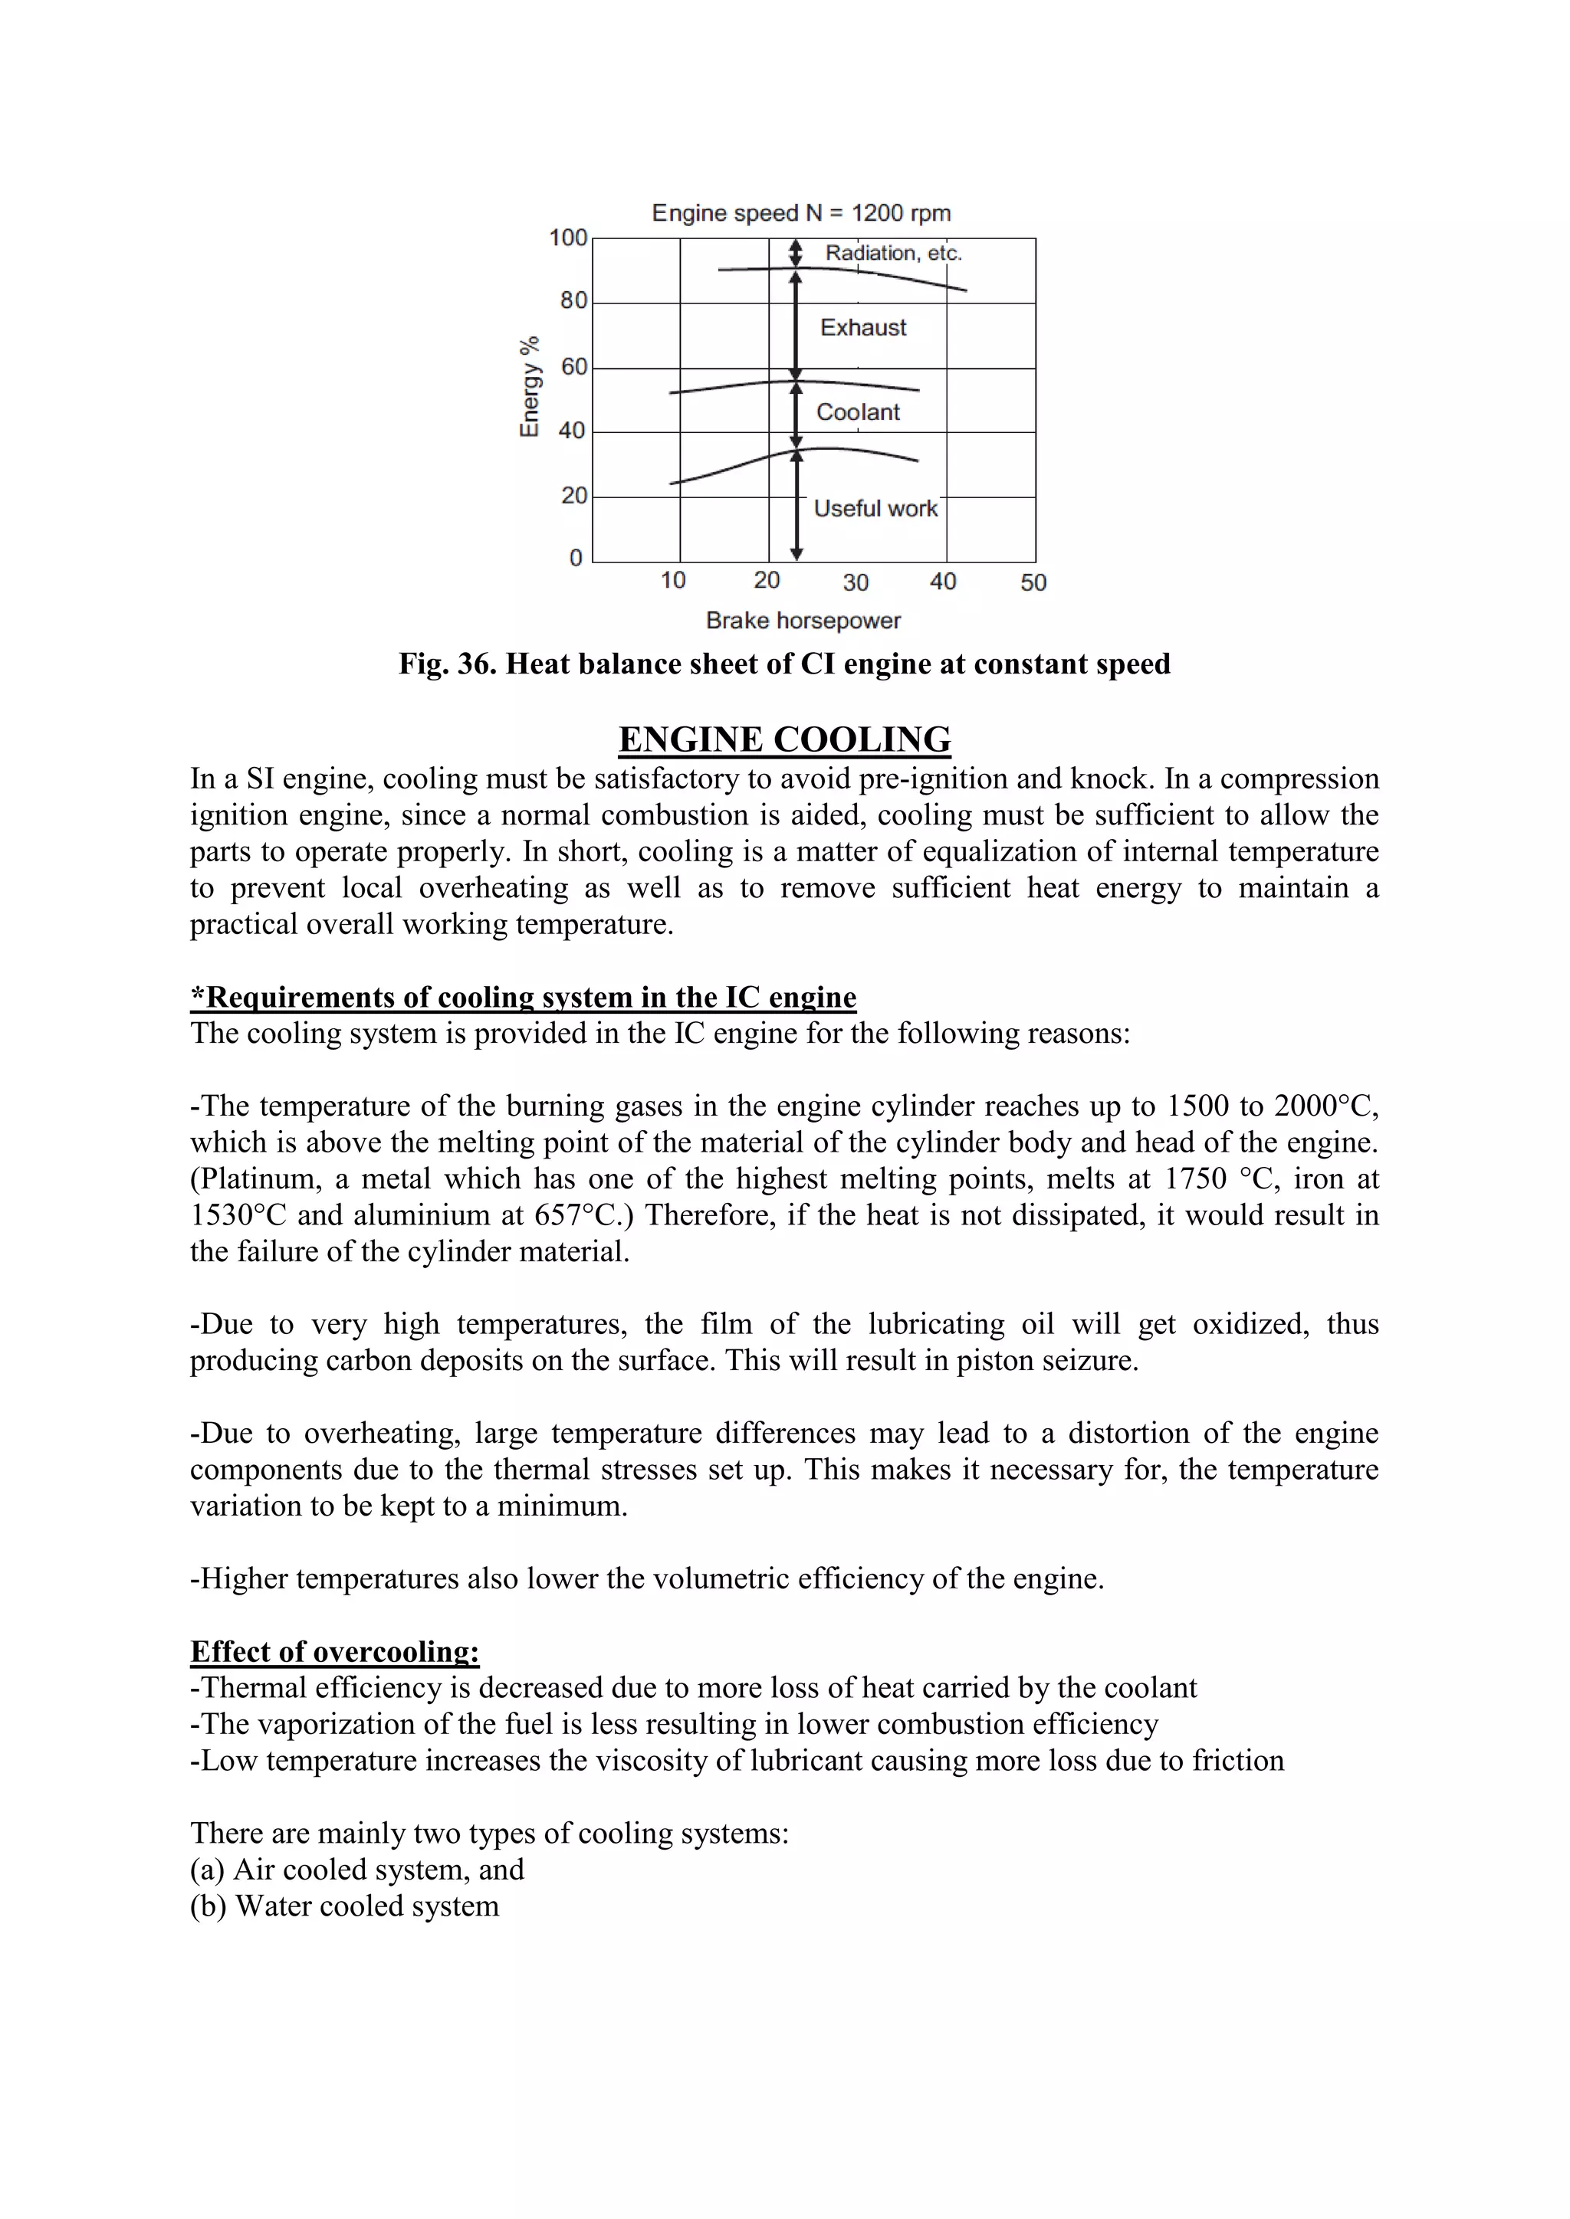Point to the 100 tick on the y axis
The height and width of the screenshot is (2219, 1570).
pos(569,238)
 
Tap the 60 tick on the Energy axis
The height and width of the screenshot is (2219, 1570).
pos(573,366)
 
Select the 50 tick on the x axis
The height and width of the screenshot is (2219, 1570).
pos(1033,582)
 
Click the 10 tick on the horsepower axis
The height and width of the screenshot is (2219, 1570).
pos(673,580)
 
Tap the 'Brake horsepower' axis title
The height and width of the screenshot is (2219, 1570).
pos(803,621)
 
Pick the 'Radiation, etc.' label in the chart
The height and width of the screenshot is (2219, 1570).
pos(893,253)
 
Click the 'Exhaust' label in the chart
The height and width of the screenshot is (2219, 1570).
pos(863,328)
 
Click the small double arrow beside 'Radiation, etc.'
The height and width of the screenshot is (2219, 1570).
pos(796,253)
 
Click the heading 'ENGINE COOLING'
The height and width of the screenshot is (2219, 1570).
pos(784,739)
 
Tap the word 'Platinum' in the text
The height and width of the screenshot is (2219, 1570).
pos(259,1178)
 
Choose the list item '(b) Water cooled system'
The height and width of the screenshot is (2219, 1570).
pos(344,1906)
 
